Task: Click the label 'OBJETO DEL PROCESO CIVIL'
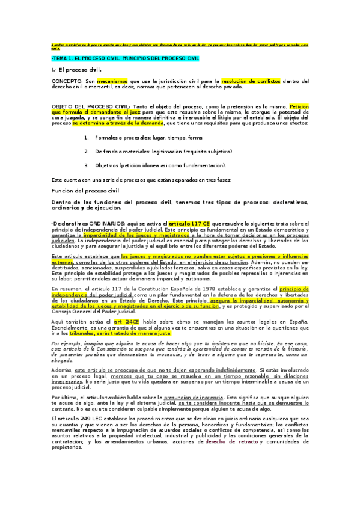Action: (x=95, y=106)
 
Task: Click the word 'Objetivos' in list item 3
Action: (x=107, y=165)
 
